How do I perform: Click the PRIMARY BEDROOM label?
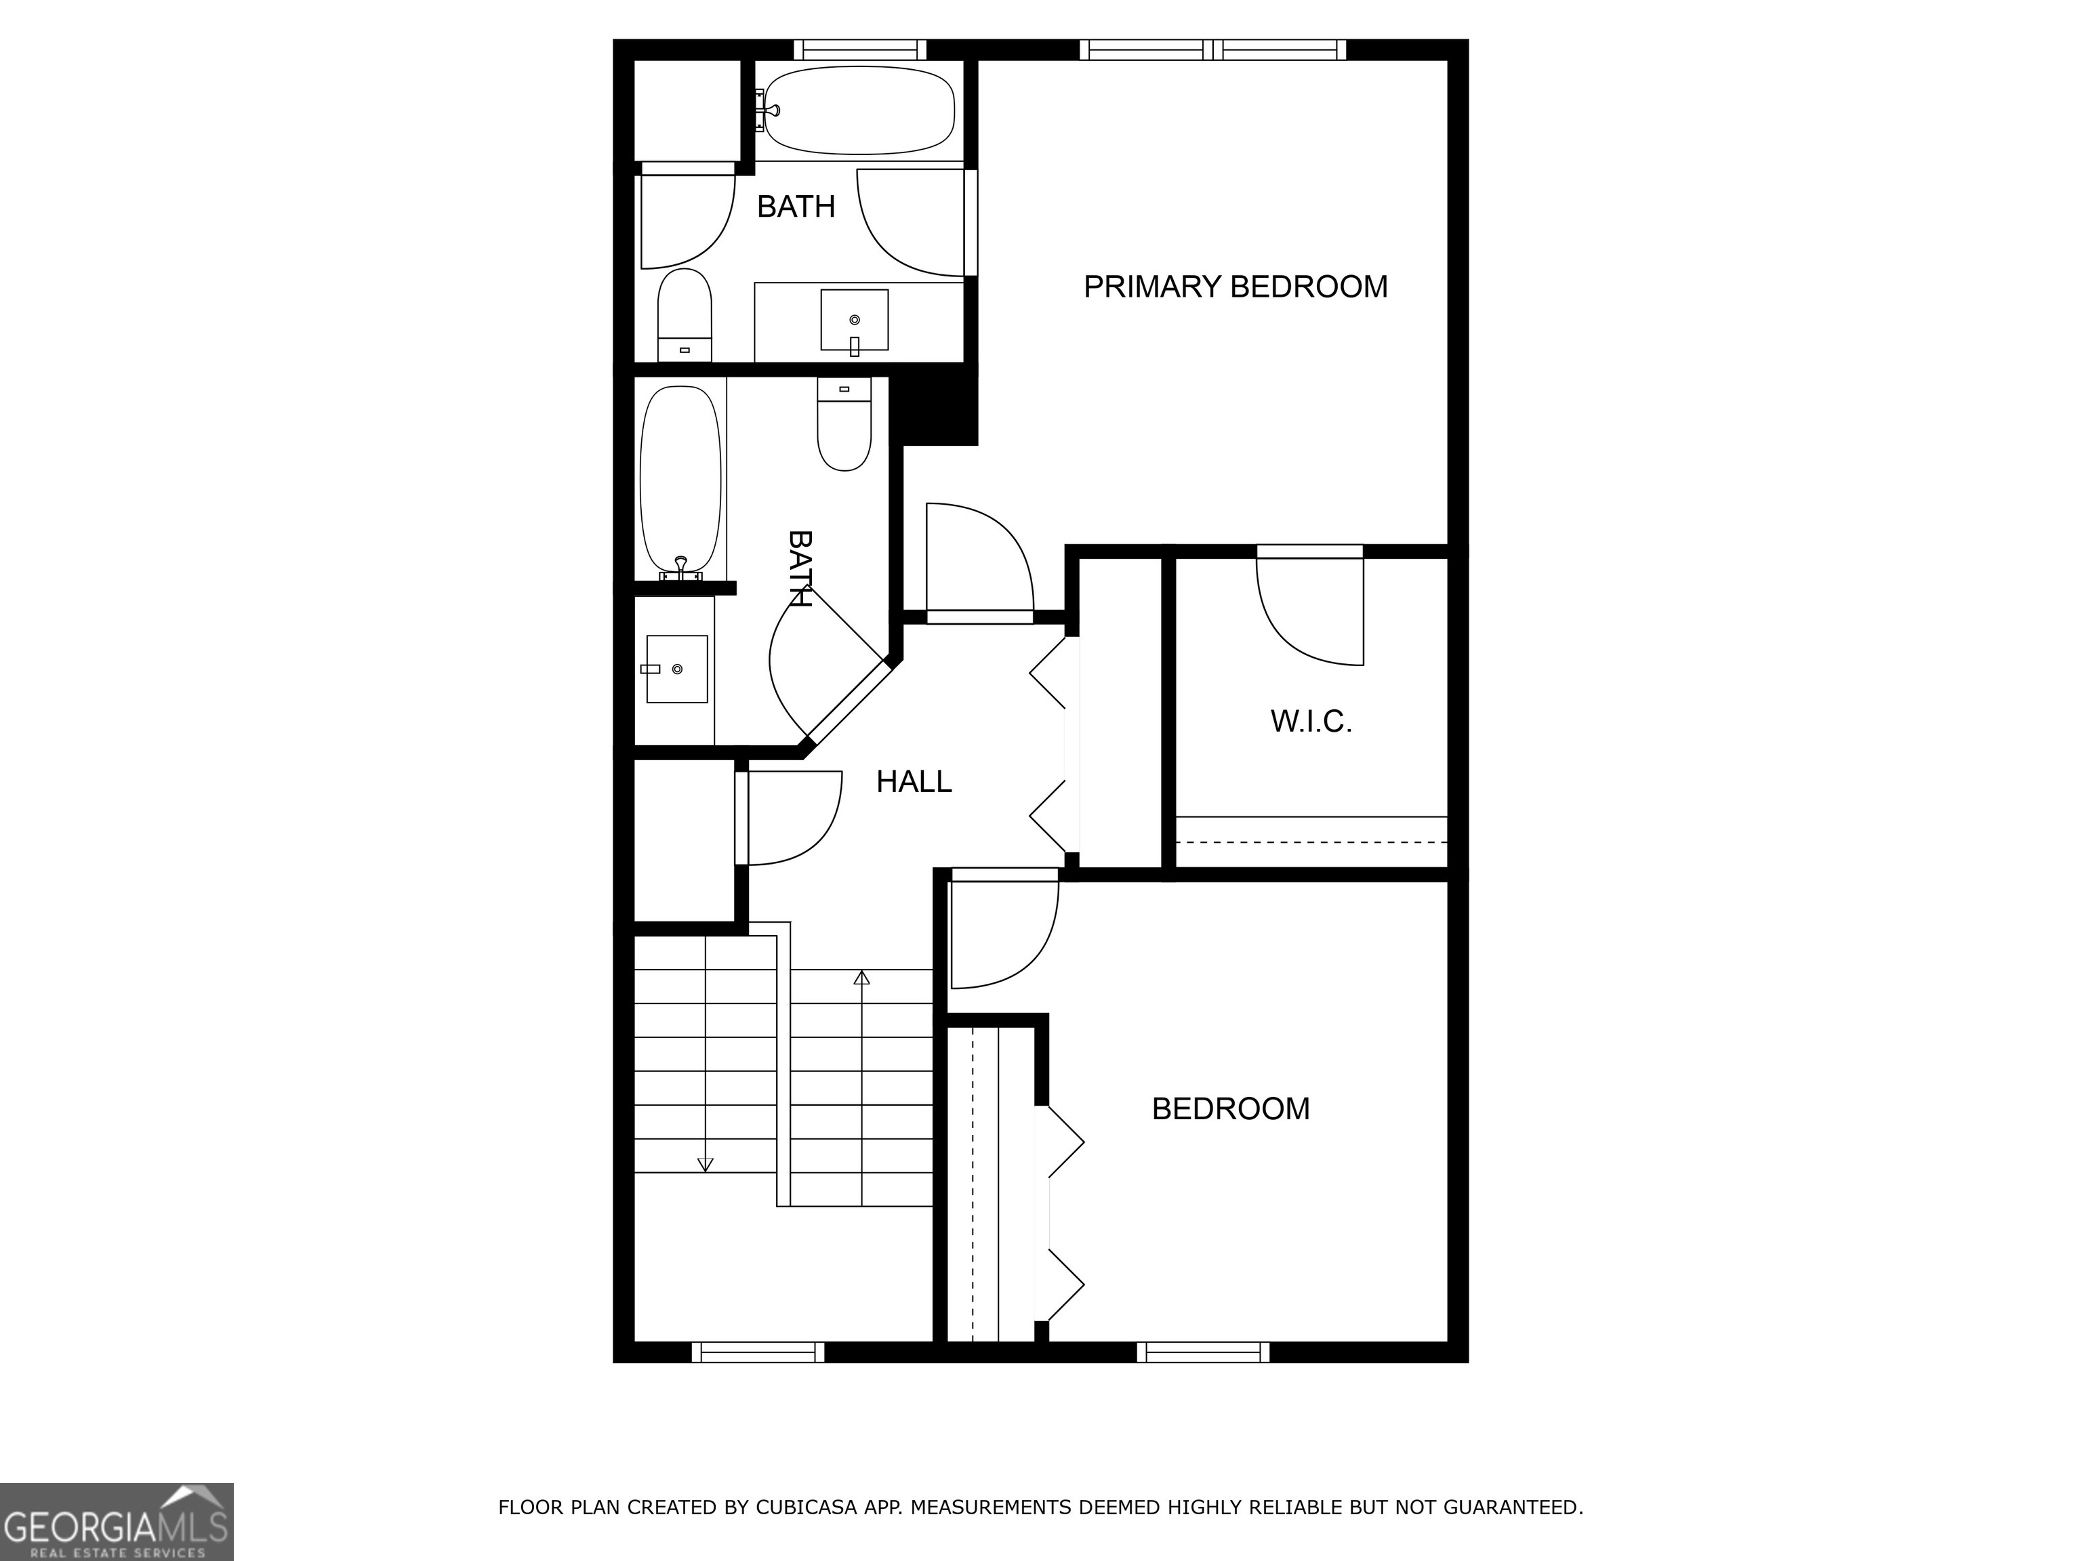1235,286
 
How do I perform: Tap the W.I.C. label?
1311,722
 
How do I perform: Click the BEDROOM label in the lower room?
1230,1108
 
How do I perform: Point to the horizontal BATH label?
796,206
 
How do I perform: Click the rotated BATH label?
800,568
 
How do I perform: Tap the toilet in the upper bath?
685,312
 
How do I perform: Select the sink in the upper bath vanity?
854,320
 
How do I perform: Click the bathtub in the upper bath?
859,110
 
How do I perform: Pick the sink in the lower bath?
677,669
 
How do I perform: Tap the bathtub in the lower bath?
680,482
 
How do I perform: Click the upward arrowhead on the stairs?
861,978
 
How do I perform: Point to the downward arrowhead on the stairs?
705,1165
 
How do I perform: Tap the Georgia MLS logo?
116,1522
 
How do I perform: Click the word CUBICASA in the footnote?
806,1507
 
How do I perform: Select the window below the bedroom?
1203,1352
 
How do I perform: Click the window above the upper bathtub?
859,49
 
